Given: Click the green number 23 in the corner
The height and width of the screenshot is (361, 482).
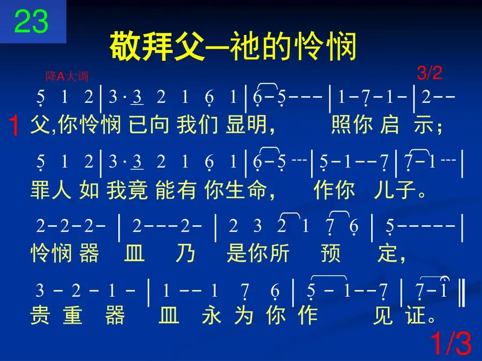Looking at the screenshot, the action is pyautogui.click(x=32, y=21).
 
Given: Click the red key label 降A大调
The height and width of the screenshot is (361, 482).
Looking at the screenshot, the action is pyautogui.click(x=67, y=76).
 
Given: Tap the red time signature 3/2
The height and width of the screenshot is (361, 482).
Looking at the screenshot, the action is pyautogui.click(x=430, y=73).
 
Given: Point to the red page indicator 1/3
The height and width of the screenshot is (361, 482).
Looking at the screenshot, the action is pyautogui.click(x=451, y=343).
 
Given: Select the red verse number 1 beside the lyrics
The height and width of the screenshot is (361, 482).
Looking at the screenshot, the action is pyautogui.click(x=14, y=125).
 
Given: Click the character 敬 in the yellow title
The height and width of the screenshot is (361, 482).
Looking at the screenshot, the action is pyautogui.click(x=125, y=47).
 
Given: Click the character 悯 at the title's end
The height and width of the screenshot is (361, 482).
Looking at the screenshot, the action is pyautogui.click(x=341, y=47).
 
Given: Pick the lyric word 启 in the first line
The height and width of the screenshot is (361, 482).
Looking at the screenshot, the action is pyautogui.click(x=389, y=125).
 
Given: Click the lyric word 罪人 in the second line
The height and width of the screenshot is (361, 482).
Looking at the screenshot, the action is pyautogui.click(x=51, y=190).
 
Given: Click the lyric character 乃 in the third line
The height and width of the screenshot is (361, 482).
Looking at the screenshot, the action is pyautogui.click(x=185, y=253).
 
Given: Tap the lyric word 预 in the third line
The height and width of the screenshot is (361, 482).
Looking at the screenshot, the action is pyautogui.click(x=330, y=253).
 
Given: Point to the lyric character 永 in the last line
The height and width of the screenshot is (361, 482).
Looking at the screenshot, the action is pyautogui.click(x=212, y=315).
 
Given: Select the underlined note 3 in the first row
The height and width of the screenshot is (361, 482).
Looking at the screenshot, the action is pyautogui.click(x=137, y=98).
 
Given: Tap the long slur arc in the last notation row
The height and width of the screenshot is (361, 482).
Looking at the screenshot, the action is pyautogui.click(x=329, y=276).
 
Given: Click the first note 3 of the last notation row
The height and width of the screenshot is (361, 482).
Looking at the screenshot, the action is pyautogui.click(x=40, y=290).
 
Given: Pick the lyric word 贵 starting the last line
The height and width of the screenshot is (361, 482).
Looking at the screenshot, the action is pyautogui.click(x=40, y=315).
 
